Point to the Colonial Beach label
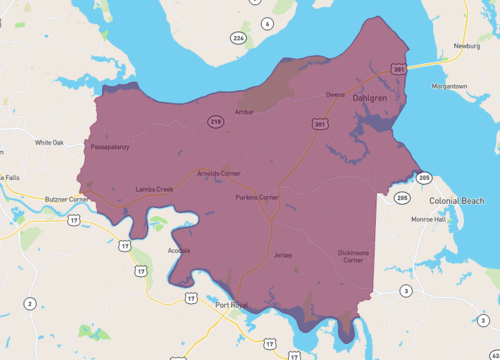tap(456, 200)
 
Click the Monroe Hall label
tap(428, 218)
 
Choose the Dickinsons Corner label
tap(352, 256)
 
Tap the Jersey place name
tap(283, 255)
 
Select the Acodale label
tap(179, 250)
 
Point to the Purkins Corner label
tap(257, 197)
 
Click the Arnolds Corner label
tap(219, 173)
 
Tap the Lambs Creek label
tap(154, 189)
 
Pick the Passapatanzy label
tap(109, 146)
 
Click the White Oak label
tap(49, 142)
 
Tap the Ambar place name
tap(244, 112)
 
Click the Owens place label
tap(335, 95)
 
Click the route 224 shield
tap(237, 38)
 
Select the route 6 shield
tap(267, 22)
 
